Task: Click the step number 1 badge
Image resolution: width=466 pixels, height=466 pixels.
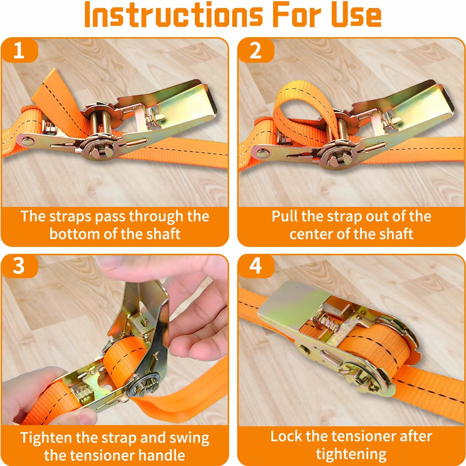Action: coord(19,50)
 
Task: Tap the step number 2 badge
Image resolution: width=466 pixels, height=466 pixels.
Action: coord(256,50)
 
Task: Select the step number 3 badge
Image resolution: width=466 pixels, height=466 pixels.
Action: coord(19,266)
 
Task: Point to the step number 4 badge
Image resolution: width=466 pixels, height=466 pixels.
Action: coord(256,266)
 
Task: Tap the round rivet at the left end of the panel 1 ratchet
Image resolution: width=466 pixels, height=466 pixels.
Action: coord(28,141)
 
